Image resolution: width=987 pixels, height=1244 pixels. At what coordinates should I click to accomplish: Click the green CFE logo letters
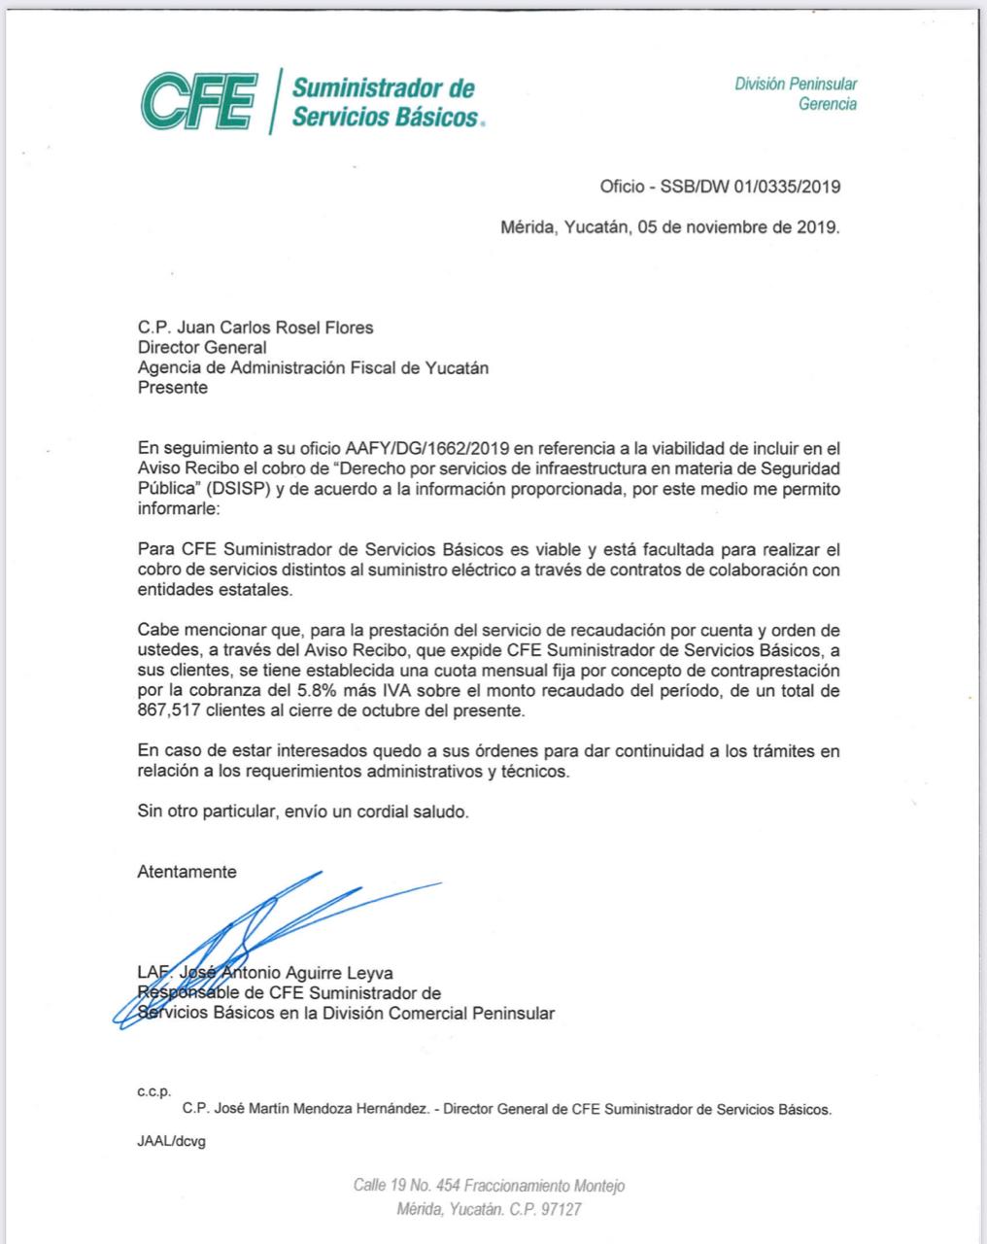[198, 100]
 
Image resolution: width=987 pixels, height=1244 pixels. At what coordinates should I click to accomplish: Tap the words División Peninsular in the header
[796, 85]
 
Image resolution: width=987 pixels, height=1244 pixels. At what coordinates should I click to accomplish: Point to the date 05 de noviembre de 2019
[738, 228]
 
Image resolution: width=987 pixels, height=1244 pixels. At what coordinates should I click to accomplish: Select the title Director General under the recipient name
[202, 347]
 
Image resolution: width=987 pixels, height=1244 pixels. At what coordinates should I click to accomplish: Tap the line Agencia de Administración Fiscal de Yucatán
[313, 367]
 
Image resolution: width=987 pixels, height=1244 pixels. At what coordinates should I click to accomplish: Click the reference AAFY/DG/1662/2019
[415, 448]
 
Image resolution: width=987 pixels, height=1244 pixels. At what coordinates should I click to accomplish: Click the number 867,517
[169, 711]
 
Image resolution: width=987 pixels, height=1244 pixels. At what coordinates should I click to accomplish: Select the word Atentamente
[187, 872]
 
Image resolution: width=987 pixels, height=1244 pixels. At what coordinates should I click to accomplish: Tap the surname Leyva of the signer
[372, 973]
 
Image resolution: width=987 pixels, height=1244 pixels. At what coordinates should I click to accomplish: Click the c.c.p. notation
[153, 1091]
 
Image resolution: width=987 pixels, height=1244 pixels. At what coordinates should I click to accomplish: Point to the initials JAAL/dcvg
[171, 1142]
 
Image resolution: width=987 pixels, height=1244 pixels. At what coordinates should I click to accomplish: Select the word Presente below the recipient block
[172, 388]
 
